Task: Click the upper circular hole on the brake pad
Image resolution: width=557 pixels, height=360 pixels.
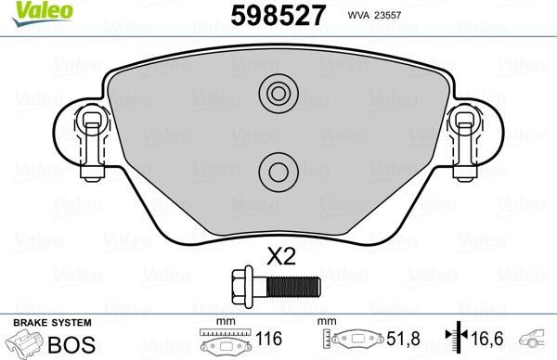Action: (276, 93)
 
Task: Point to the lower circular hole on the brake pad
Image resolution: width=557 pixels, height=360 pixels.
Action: (276, 169)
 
